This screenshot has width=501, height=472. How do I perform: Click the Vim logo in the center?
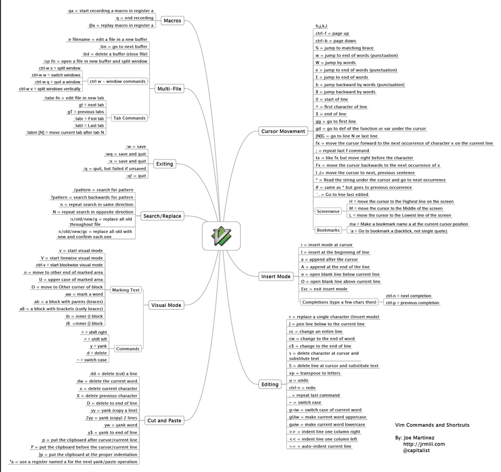(221, 236)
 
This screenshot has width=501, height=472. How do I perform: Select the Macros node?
(172, 21)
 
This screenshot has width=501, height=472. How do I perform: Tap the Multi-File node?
(170, 89)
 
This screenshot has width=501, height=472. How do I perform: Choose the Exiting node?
(165, 164)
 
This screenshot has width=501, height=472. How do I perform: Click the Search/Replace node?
(162, 216)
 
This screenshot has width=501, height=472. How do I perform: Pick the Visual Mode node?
(166, 305)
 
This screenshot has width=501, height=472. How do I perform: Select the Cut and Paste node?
(164, 421)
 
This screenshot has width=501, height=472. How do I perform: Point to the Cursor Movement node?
(283, 131)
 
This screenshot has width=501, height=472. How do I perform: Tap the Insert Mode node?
(276, 277)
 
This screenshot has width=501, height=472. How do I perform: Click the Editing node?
(270, 384)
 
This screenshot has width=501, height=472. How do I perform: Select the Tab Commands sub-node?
(129, 118)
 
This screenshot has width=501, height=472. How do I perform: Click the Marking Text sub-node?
(126, 290)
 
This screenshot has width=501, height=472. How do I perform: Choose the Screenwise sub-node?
(328, 211)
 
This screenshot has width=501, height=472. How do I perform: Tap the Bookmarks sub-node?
(328, 230)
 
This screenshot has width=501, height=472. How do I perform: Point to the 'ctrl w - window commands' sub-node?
(118, 82)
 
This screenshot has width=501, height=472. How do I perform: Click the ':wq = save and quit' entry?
(125, 154)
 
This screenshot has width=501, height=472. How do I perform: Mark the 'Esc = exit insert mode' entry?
(324, 289)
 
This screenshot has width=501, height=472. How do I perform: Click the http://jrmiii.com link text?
(424, 444)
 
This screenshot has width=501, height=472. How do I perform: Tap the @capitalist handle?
(416, 450)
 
